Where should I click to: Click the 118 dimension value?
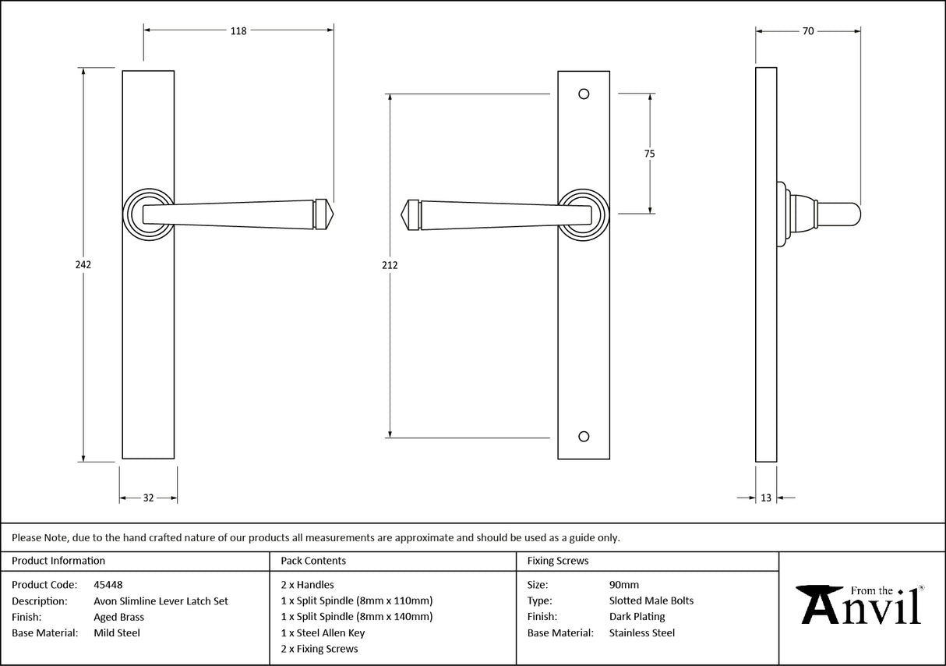click(238, 31)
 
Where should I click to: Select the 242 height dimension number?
click(83, 264)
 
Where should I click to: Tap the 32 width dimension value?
click(148, 498)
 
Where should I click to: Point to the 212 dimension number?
click(390, 265)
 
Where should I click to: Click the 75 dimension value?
click(649, 154)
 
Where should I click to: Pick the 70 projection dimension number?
click(808, 31)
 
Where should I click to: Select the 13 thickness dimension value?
click(766, 498)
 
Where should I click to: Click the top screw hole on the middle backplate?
click(584, 94)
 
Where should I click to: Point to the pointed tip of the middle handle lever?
click(402, 214)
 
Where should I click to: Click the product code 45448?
click(108, 584)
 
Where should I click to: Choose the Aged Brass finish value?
click(118, 617)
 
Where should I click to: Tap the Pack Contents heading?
click(313, 561)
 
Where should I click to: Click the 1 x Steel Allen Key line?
click(323, 633)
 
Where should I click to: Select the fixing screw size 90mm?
click(623, 584)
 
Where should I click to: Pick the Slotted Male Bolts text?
click(651, 600)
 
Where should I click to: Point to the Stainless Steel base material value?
click(642, 633)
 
